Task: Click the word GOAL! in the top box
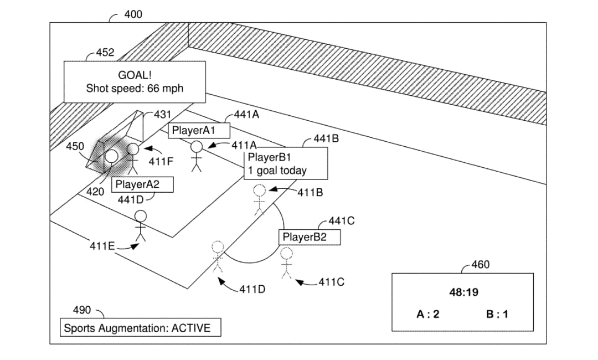coord(135,75)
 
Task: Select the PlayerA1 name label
coord(194,130)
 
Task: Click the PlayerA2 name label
coord(137,184)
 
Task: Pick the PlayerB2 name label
coord(305,237)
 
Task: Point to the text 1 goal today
coord(277,171)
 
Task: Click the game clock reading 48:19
coord(464,292)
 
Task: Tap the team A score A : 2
coord(428,314)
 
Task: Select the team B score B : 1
coord(497,314)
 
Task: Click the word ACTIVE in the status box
coord(190,328)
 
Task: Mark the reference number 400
coord(133,14)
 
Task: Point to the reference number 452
coord(105,53)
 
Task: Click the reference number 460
coord(481,264)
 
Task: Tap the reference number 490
coord(82,310)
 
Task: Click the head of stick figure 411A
coord(197,147)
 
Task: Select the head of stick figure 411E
coord(140,217)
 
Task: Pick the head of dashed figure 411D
coord(218,246)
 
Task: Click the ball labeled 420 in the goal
coord(112,156)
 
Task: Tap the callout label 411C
coord(332,282)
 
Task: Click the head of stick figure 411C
coord(286,254)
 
